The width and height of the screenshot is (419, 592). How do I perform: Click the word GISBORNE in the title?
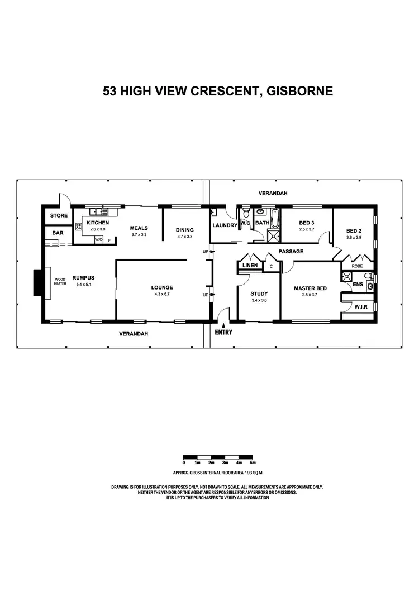299,90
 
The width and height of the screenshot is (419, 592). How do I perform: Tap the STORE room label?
59,215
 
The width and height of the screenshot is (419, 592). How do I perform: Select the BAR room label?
58,233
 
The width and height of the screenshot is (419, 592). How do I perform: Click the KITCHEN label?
98,223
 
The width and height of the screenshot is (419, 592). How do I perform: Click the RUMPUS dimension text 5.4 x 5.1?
83,284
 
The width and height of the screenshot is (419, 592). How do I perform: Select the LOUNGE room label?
161,287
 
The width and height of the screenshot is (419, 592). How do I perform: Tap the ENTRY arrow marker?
223,325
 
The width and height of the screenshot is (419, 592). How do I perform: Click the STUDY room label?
259,293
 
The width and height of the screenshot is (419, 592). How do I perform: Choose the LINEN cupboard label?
250,266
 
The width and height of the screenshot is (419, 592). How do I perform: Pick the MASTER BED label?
310,288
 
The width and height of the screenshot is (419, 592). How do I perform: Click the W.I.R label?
361,306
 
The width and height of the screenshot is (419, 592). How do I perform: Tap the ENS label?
358,284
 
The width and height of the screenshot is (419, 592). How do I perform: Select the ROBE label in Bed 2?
357,266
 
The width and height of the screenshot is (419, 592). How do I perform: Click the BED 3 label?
307,223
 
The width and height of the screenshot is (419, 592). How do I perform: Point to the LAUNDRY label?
225,225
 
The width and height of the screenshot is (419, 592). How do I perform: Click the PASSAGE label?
291,252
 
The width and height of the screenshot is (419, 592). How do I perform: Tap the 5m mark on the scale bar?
253,463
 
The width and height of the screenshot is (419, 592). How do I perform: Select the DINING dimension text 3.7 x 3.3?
184,237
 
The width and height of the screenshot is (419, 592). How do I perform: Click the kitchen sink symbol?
98,211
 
